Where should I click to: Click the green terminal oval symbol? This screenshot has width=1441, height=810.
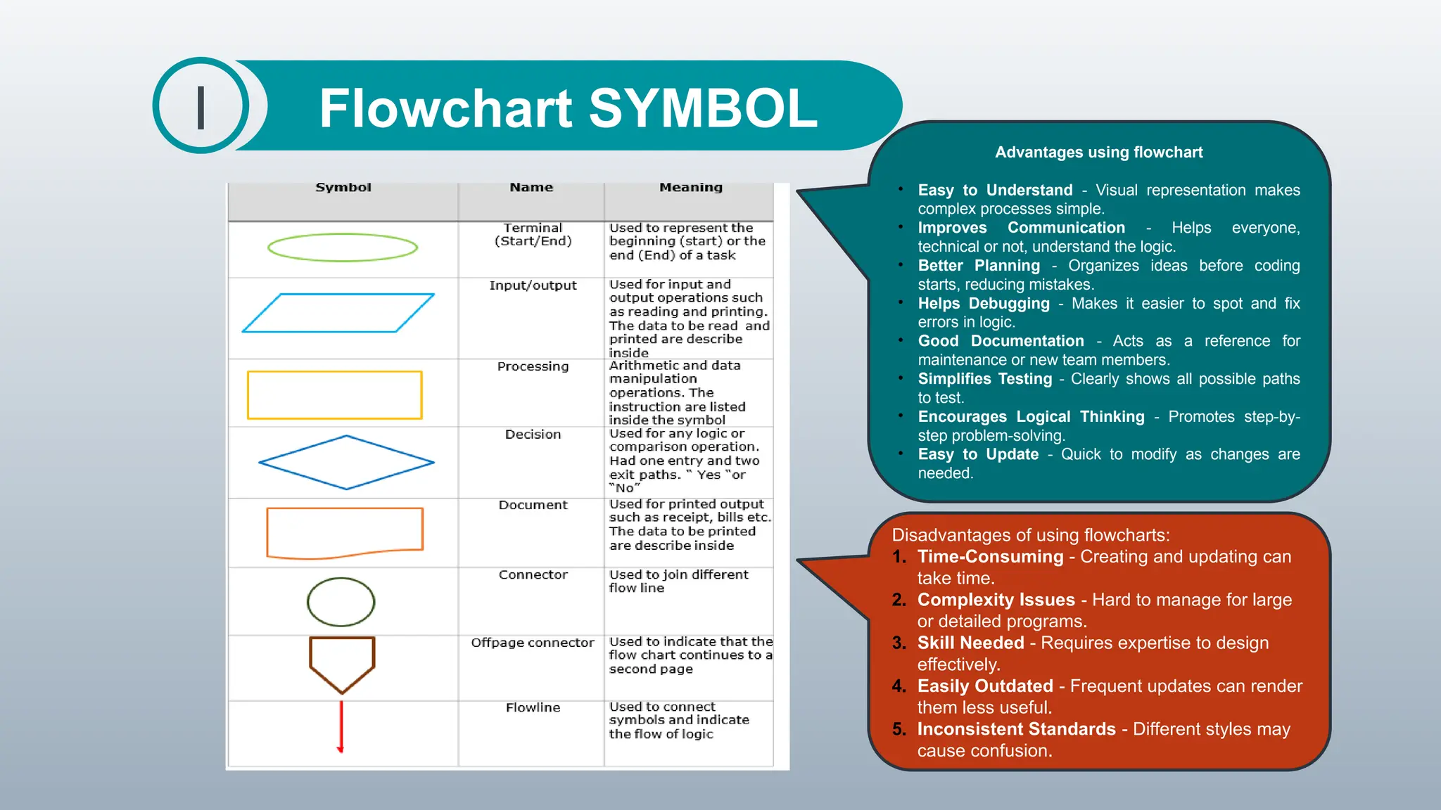coord(343,247)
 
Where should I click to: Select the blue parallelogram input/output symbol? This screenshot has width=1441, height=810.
coord(338,313)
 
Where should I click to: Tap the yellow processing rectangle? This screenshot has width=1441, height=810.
coord(335,395)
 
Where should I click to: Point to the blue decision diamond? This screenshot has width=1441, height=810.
coord(346,462)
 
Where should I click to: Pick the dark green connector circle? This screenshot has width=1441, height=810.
coord(341,602)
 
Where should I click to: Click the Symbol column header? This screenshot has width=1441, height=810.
coord(343,188)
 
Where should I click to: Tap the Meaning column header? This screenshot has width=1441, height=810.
coord(691,188)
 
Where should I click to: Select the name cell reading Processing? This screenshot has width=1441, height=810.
coord(533,366)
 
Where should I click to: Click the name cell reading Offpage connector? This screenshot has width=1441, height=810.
coord(533,643)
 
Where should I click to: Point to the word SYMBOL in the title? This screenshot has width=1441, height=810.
coord(703,108)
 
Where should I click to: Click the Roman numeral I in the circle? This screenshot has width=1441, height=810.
coord(201,107)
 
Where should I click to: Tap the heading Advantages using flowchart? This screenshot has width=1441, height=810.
coord(1098,153)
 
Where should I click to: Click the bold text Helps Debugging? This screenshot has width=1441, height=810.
coord(983,304)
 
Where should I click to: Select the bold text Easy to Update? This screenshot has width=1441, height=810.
coord(978,454)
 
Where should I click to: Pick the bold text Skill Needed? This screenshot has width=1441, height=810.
coord(970,643)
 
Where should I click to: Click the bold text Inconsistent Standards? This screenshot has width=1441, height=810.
coord(1016,729)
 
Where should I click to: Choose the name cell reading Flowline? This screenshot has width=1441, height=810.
coord(533,707)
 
